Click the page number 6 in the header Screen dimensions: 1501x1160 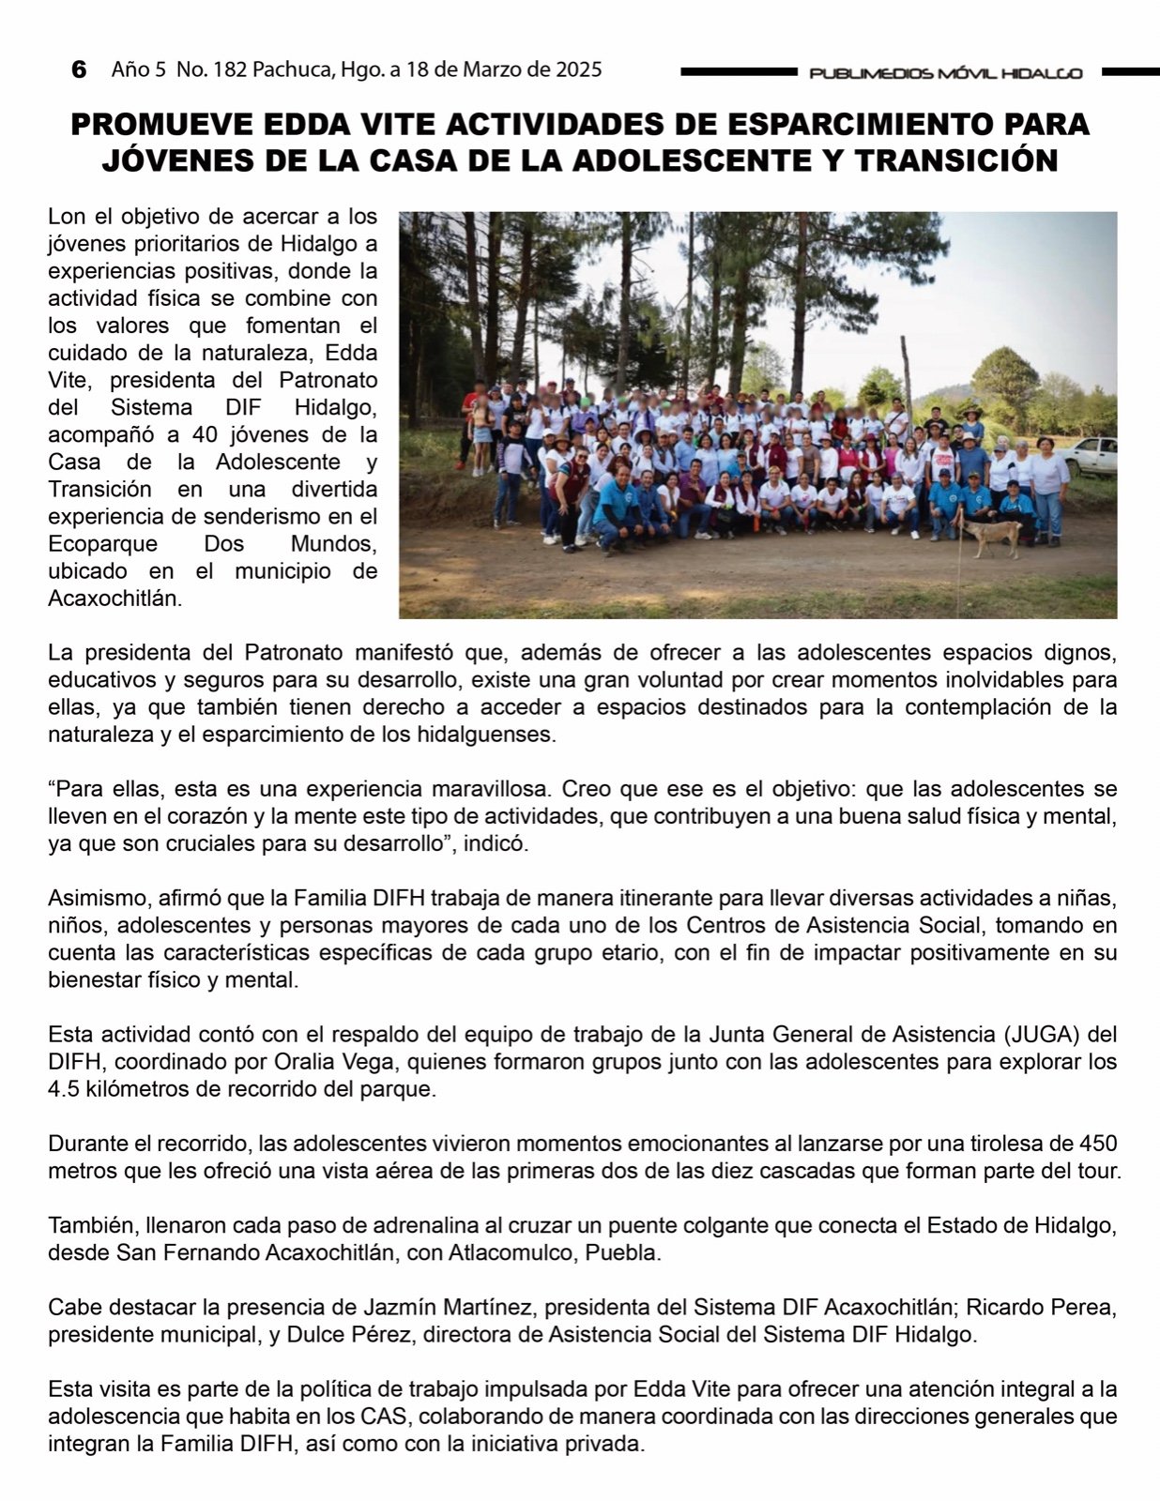(79, 69)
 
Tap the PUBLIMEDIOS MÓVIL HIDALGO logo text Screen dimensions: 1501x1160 (945, 73)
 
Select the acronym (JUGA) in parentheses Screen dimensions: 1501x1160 (1043, 1034)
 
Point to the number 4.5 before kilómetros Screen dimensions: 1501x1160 (65, 1089)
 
